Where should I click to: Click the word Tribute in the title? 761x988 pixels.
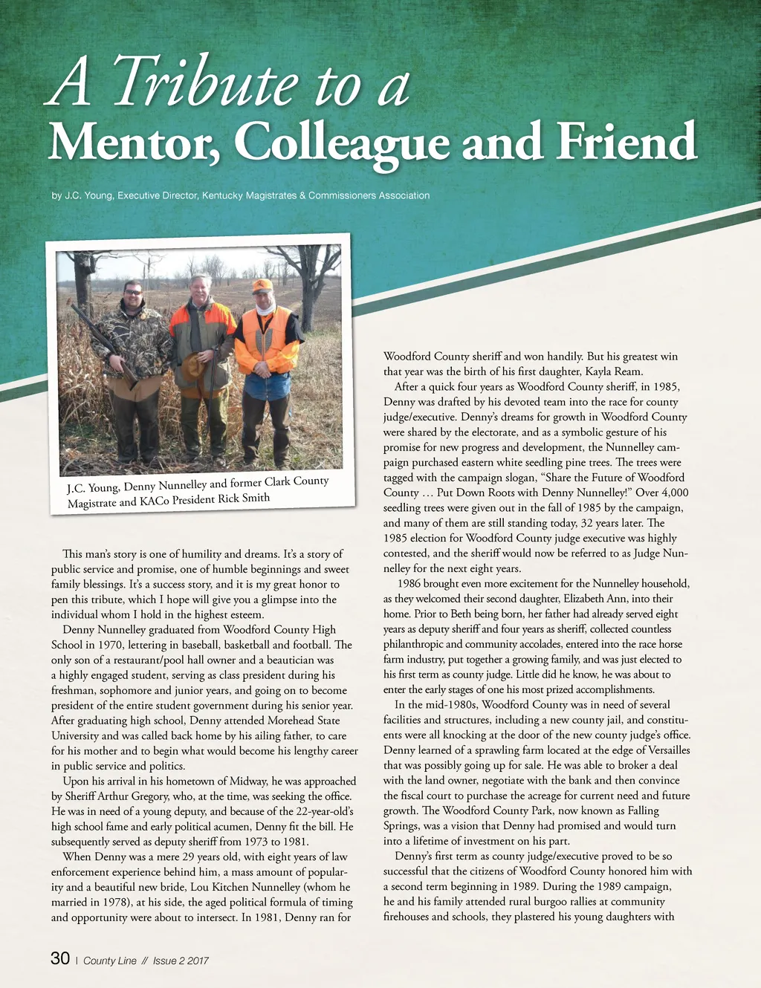point(205,83)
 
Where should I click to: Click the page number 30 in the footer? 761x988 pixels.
point(60,959)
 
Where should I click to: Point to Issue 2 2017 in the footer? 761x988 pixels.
point(181,961)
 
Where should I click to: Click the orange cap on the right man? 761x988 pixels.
point(262,285)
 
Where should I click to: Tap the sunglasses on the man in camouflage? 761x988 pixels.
point(134,293)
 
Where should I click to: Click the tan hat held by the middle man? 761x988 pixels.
point(195,365)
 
